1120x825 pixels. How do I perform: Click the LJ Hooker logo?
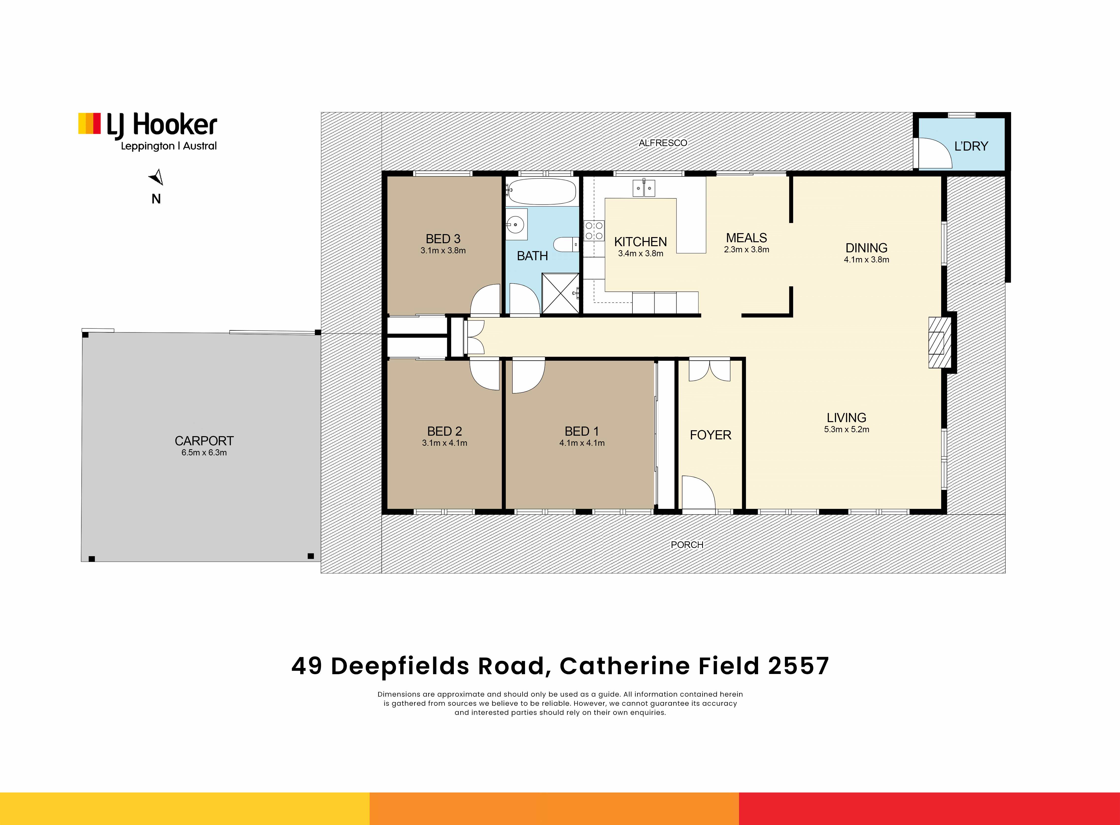[x=148, y=131]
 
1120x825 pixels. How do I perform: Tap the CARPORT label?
[x=204, y=441]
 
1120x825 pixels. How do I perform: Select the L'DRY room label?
[x=971, y=146]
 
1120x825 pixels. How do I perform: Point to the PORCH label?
[x=687, y=545]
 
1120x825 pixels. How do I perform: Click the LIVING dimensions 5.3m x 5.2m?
[x=846, y=430]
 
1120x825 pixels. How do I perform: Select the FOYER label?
[x=711, y=435]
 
